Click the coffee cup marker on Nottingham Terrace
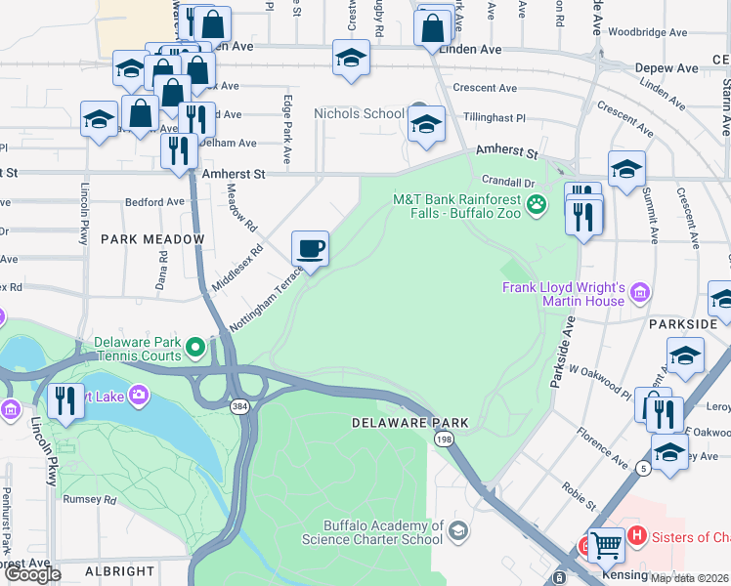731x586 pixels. pos(310,248)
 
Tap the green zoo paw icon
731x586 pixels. pos(536,204)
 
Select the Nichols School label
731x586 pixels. pos(358,113)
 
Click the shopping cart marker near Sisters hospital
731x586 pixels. pos(605,545)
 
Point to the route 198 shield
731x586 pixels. pos(445,440)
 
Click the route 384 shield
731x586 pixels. pos(238,404)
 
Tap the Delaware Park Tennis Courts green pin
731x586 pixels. pos(195,346)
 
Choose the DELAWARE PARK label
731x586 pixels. pos(410,423)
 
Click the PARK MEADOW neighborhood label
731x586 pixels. pos(152,239)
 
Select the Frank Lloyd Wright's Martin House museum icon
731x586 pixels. pos(640,291)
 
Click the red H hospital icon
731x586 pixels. pos(637,535)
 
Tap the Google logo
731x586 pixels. pos(31,574)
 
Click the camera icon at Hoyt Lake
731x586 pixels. pos(139,395)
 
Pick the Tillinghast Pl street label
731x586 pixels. pos(494,117)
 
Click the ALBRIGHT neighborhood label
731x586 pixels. pos(119,571)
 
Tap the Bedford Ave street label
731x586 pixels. pos(154,202)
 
